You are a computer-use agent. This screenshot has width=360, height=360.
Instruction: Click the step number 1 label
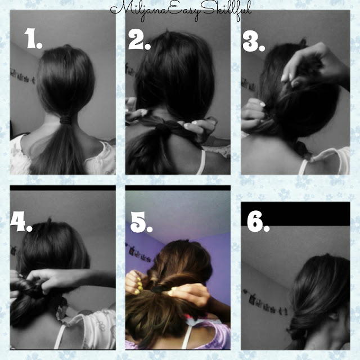coord(33,38)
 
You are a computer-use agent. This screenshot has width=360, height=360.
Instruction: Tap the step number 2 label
coord(139,40)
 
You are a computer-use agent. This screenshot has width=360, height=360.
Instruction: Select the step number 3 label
coord(254,41)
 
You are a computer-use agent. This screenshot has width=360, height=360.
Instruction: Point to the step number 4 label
coord(21,221)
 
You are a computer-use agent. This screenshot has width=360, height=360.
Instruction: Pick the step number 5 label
coord(141,222)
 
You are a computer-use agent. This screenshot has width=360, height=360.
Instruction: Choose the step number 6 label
coord(258,221)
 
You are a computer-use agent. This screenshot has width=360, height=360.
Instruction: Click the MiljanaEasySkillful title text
coord(181,11)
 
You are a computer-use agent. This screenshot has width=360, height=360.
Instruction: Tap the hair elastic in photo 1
coord(66,120)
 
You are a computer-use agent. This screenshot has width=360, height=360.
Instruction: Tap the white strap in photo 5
coord(186,337)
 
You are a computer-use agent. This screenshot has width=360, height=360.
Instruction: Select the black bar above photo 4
coord(62,188)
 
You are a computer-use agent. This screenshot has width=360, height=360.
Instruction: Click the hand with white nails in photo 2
coord(197,126)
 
